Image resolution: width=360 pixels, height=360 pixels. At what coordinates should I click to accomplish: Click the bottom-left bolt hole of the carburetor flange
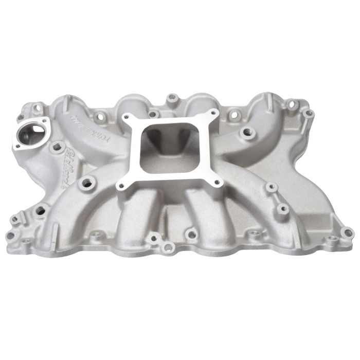coord(121,185)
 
